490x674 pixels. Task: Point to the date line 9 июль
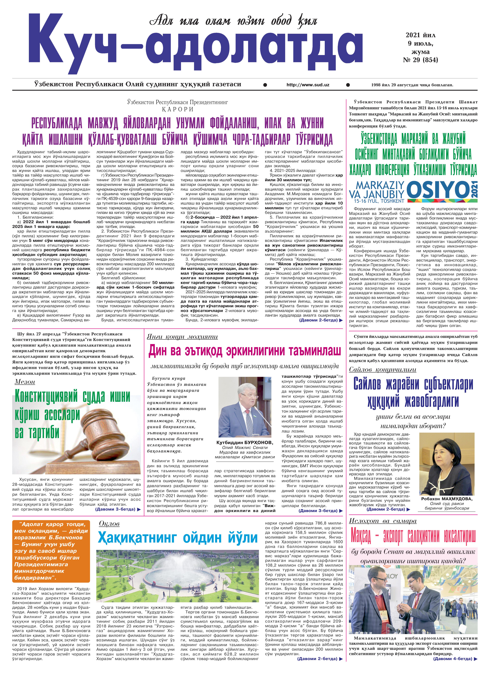[420, 44]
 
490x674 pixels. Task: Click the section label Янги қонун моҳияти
[182, 337]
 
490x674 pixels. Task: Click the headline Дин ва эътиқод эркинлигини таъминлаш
[244, 351]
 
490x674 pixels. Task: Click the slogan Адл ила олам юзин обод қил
[233, 21]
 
